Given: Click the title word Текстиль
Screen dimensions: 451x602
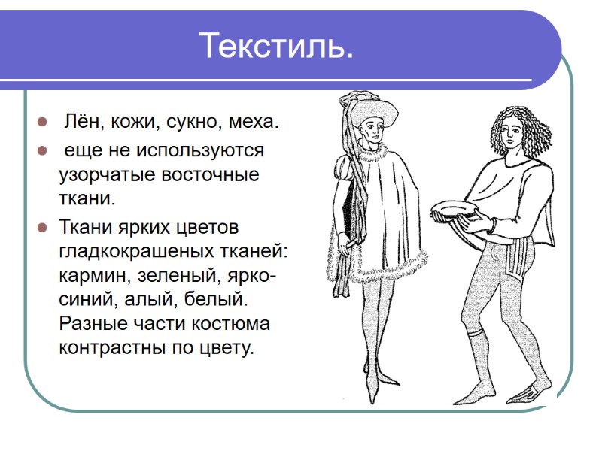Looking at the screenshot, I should click(276, 47).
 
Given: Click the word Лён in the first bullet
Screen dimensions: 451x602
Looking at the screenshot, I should click(78, 123).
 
